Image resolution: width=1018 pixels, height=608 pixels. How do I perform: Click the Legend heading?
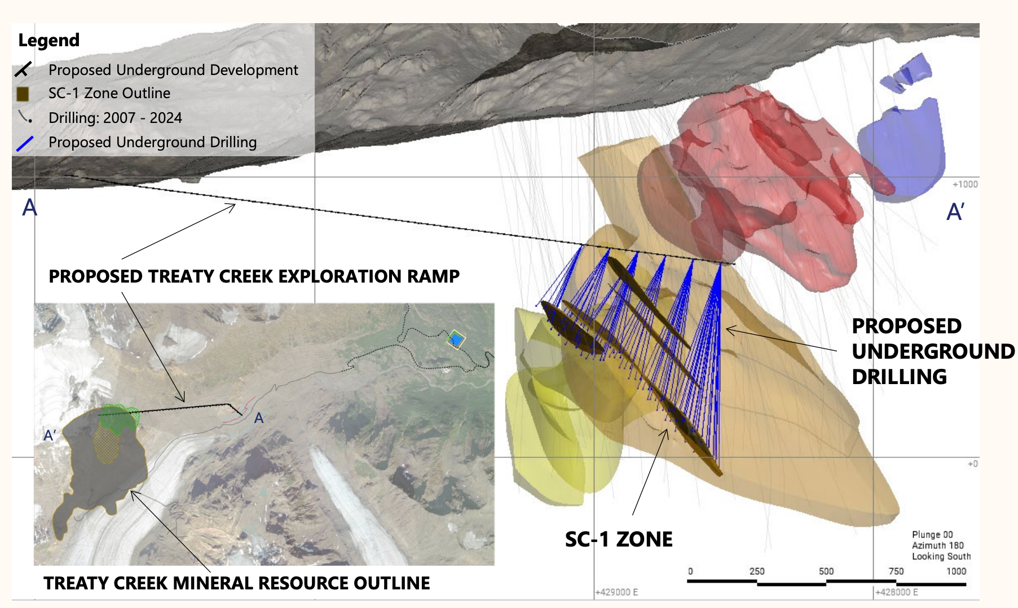pyautogui.click(x=49, y=41)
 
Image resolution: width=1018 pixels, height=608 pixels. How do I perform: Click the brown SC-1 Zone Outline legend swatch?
pyautogui.click(x=23, y=94)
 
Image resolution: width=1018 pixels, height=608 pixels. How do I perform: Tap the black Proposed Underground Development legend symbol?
pyautogui.click(x=23, y=70)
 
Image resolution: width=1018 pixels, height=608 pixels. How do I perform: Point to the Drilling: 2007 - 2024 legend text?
pyautogui.click(x=115, y=118)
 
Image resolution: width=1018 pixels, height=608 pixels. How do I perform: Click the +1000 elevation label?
pyautogui.click(x=965, y=184)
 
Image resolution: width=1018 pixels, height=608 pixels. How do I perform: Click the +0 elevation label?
pyautogui.click(x=972, y=464)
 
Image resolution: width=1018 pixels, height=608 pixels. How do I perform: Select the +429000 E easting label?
pyautogui.click(x=617, y=592)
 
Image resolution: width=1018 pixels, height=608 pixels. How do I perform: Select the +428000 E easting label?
pyautogui.click(x=897, y=592)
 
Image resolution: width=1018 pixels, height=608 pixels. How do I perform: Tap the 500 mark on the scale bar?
pyautogui.click(x=826, y=571)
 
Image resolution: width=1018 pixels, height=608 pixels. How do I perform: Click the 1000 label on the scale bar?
pyautogui.click(x=956, y=571)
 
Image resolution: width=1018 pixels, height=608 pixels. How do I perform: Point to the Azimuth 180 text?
pyautogui.click(x=938, y=545)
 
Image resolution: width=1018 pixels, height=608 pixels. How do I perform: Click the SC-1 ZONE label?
pyautogui.click(x=619, y=540)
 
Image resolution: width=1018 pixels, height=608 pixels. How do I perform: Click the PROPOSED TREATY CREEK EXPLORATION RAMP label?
pyautogui.click(x=254, y=276)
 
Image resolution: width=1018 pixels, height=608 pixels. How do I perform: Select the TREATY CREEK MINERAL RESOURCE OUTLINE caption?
pyautogui.click(x=237, y=583)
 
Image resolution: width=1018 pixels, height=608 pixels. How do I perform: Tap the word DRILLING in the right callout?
pyautogui.click(x=899, y=377)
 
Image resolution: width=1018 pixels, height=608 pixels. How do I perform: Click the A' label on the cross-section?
pyautogui.click(x=955, y=213)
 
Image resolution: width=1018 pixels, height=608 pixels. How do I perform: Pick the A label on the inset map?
pyautogui.click(x=259, y=418)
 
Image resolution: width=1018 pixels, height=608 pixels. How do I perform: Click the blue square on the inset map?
pyautogui.click(x=456, y=340)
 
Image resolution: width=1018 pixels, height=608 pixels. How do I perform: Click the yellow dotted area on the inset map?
pyautogui.click(x=107, y=443)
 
